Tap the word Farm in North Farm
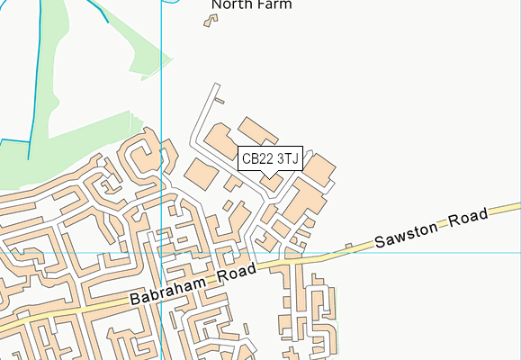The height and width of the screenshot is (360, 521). [x=274, y=4]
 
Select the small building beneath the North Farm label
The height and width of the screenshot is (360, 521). [x=211, y=20]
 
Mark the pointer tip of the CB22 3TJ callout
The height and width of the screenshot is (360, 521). [x=270, y=176]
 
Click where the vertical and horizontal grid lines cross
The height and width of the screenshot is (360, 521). [x=162, y=253]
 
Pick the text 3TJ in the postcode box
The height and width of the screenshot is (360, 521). [x=287, y=158]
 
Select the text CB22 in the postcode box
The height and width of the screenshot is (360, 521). [x=257, y=158]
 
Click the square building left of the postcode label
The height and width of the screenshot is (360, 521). [x=201, y=173]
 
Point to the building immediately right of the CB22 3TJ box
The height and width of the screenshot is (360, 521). [x=319, y=166]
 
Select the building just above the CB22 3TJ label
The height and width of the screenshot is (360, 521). [x=258, y=130]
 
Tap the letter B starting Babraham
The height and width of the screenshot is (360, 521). [x=134, y=301]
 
